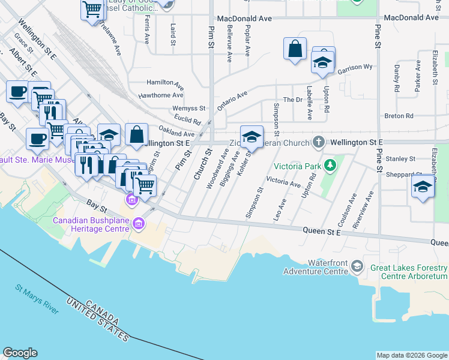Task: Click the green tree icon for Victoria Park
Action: click(329, 165)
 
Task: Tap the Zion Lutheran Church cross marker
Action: click(319, 142)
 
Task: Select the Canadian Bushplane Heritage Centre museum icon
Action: click(139, 224)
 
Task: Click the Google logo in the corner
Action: click(20, 353)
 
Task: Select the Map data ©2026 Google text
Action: click(412, 355)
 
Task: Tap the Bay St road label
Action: click(96, 208)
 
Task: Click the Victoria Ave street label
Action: click(283, 181)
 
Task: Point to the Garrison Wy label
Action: click(355, 69)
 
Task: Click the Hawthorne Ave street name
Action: click(160, 95)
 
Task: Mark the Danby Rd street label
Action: click(397, 78)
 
